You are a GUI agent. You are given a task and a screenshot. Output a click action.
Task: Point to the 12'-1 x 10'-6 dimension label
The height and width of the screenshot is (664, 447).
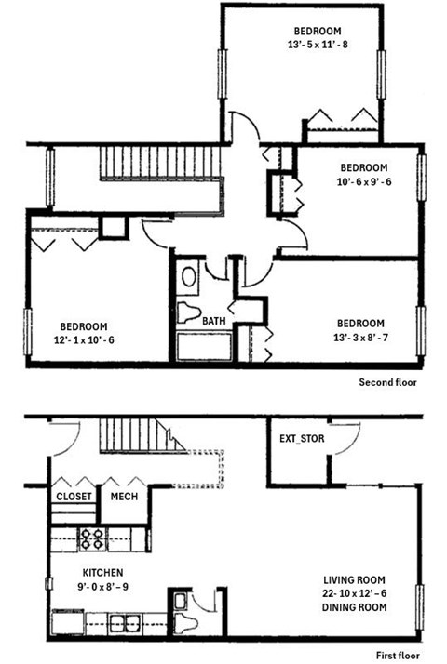click(84, 339)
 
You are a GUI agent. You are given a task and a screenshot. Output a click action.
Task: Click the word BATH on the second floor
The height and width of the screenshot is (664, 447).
click(214, 321)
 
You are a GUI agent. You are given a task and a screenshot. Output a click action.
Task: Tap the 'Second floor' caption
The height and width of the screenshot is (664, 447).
click(388, 382)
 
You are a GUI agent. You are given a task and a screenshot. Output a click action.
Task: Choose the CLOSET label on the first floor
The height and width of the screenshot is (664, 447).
click(74, 497)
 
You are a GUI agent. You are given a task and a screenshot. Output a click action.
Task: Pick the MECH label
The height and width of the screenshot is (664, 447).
click(124, 497)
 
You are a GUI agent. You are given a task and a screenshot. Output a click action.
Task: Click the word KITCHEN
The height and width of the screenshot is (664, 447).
click(77, 572)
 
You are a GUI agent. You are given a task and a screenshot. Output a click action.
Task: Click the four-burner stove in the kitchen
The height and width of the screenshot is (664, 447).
click(91, 538)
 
